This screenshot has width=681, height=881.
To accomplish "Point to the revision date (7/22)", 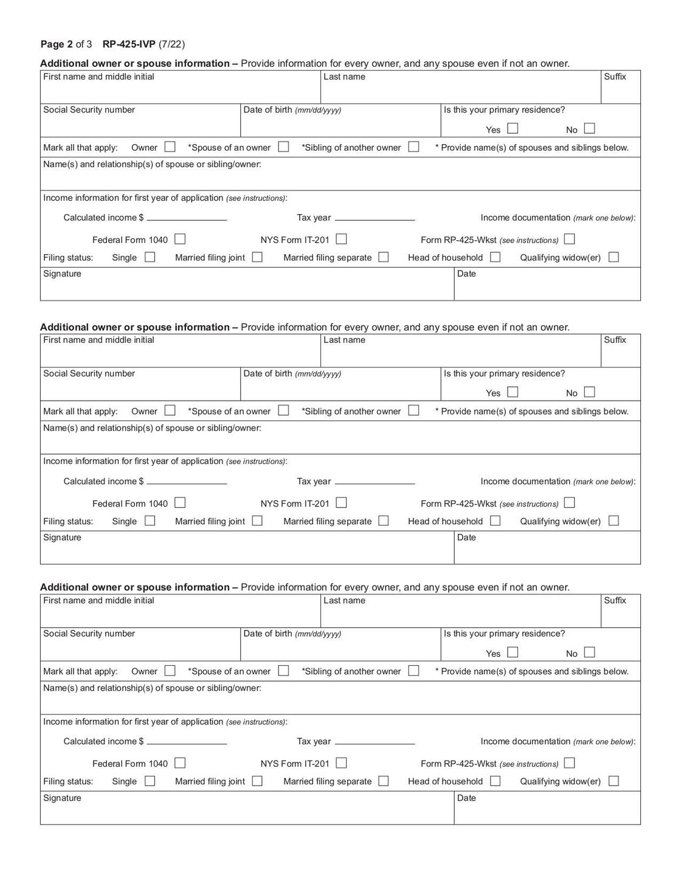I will pos(172,44).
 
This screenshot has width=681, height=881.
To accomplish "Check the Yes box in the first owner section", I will pos(513,128).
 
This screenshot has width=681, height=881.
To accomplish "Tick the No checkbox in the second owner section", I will pos(589,392).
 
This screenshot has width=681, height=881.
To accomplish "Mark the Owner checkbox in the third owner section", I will pos(170,671).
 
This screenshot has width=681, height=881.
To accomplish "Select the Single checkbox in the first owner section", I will pos(150,257).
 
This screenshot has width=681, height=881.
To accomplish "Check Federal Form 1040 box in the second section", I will pos(180,503).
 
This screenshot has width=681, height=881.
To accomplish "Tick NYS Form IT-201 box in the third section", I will pos(341,763).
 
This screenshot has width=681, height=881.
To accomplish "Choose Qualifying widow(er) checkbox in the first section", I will pos(614,257).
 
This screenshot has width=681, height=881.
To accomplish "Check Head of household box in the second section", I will pos(496,520).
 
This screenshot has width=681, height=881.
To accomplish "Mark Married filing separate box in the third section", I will pos(383,781).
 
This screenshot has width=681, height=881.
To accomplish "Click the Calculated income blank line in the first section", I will pos(187,218).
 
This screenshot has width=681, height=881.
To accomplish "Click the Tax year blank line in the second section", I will pos(375,482).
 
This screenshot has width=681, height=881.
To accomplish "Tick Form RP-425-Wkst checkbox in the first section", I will pos(569,239).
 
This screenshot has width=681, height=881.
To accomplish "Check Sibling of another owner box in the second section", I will pos(413,410).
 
